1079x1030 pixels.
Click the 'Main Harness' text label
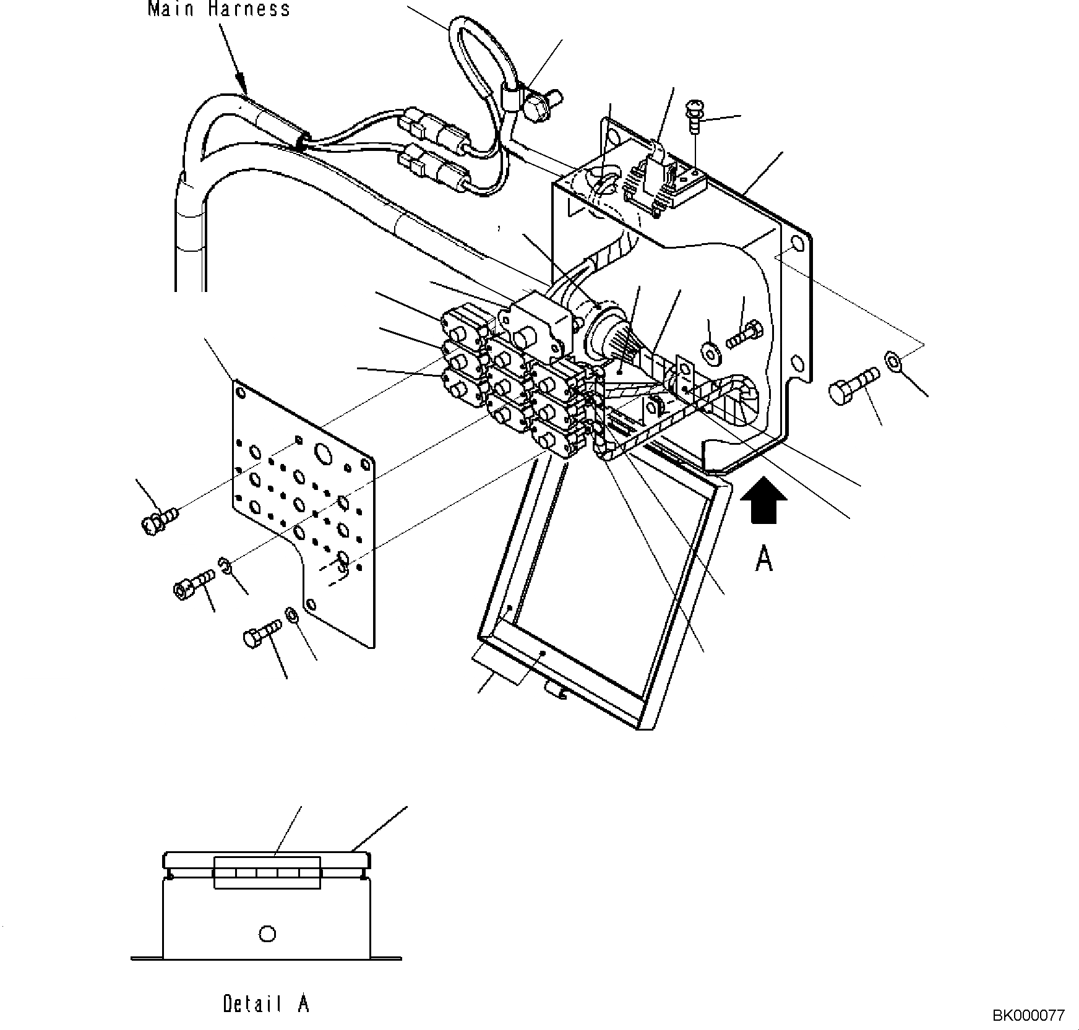(x=219, y=9)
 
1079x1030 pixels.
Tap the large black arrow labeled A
(x=764, y=500)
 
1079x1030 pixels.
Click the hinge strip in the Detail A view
(x=267, y=872)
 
